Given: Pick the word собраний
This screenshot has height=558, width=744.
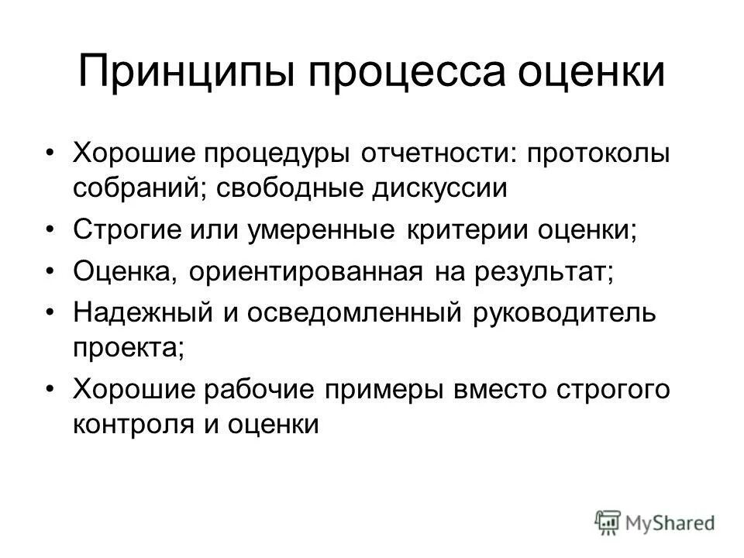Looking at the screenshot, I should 132,188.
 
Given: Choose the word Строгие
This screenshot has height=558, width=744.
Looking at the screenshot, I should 126,231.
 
